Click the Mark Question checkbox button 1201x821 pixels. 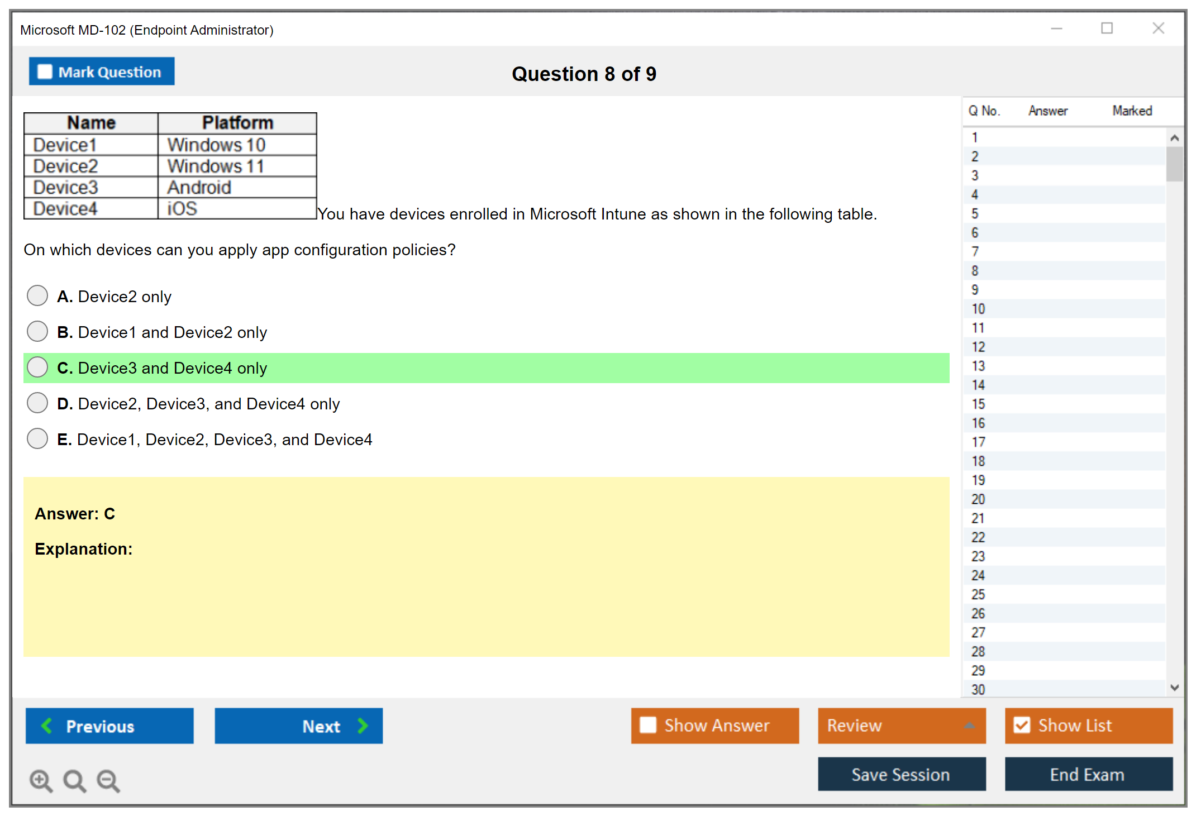pos(102,71)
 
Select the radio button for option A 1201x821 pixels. pos(37,295)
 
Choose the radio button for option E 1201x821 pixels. pos(37,438)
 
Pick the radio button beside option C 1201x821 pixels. pos(37,367)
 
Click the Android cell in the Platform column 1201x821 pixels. pos(237,187)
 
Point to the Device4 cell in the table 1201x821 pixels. pos(91,208)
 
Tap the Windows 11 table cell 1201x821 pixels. pos(237,166)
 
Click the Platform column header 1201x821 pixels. pos(237,123)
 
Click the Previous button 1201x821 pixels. pos(109,725)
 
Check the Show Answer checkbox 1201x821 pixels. pos(648,725)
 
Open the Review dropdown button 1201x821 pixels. pos(902,725)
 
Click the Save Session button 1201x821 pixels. pos(902,774)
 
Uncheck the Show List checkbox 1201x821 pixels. pos(1022,725)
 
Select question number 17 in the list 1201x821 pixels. pos(978,442)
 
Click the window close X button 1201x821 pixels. pos(1158,28)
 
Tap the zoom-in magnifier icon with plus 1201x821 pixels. pos(41,780)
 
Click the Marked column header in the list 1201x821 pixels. pos(1132,111)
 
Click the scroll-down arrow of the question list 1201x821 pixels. pos(1174,688)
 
